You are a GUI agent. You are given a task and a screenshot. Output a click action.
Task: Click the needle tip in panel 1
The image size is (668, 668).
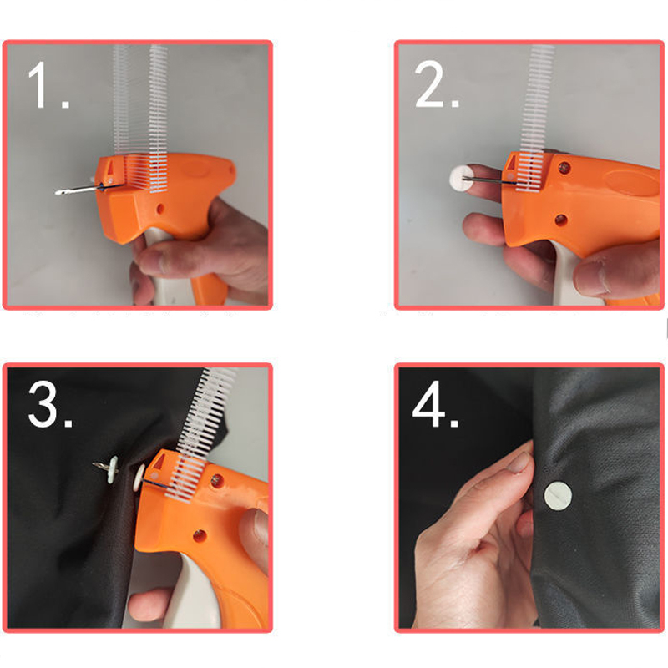(58, 193)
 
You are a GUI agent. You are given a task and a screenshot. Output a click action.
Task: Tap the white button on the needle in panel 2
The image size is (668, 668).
(462, 178)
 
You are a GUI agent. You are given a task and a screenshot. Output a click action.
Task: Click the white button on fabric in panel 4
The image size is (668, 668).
(558, 496)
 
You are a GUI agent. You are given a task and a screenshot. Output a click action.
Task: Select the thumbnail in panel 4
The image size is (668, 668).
(519, 463)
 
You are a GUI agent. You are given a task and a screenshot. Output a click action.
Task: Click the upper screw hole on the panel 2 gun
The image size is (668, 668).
(565, 168)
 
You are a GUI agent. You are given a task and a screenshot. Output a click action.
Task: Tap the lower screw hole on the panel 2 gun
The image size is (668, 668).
(561, 220)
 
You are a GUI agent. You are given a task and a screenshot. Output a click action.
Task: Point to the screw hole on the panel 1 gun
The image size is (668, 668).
(160, 209)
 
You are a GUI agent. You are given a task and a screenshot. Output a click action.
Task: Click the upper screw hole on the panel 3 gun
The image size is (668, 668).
(217, 481)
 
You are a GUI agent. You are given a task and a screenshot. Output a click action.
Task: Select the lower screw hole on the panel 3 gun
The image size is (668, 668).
(200, 535)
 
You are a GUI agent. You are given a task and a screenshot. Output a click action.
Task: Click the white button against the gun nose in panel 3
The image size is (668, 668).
(139, 478)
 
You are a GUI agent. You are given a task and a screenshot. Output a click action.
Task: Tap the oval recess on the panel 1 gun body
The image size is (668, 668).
(195, 169)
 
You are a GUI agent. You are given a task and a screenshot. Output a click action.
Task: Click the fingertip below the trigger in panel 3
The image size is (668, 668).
(147, 605)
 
